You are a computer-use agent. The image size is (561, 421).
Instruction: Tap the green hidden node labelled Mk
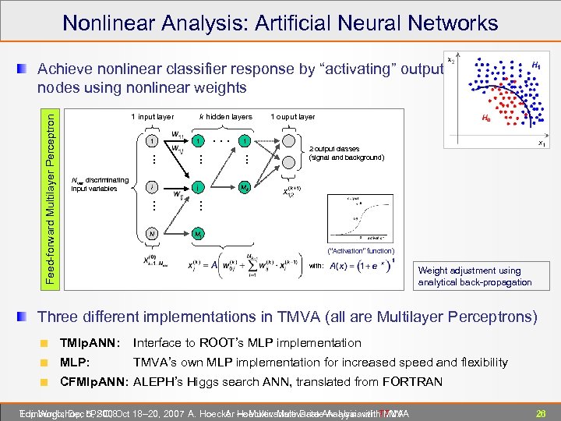tap(245, 187)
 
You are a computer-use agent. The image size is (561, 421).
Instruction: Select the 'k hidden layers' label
tap(226, 117)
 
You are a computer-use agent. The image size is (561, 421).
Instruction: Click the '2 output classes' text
tap(334, 148)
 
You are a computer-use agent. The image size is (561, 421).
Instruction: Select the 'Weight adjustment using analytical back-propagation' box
tap(475, 276)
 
